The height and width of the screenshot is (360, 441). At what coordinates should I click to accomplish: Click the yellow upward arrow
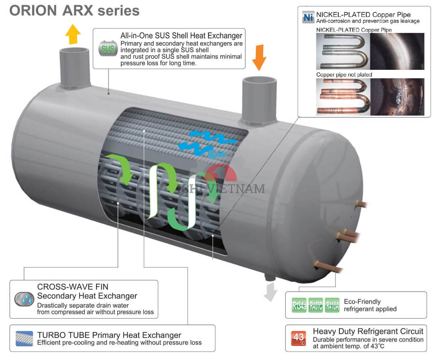coord(73,34)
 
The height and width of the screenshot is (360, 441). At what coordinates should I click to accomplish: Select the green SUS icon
coord(108,49)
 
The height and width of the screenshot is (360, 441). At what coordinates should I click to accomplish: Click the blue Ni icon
coord(308,17)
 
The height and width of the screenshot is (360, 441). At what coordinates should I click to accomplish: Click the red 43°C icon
coord(299,338)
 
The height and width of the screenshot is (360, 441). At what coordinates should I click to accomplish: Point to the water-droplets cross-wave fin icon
coord(24,299)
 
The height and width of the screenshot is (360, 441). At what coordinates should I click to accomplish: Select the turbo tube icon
coord(24,338)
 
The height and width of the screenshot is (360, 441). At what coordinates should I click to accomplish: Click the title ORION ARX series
coord(74,11)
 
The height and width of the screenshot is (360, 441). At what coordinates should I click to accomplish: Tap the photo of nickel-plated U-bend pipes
coord(342,51)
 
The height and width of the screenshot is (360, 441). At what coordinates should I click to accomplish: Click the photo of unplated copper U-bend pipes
coord(342,97)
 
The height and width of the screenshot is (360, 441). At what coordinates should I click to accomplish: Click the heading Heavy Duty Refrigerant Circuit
coord(368,331)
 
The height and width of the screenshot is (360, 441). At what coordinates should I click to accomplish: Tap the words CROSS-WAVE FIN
coord(73,287)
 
